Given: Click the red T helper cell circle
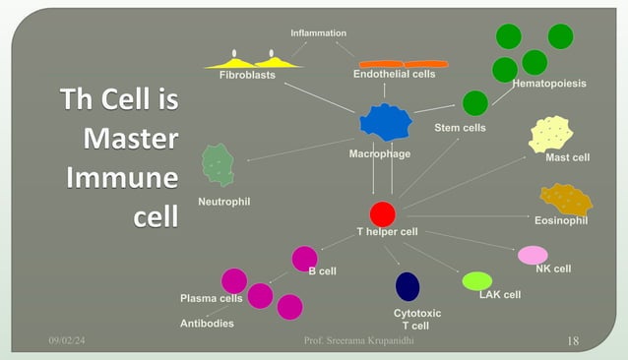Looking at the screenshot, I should tap(382, 214).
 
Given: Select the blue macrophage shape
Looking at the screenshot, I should tap(385, 121).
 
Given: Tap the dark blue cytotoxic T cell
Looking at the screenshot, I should tap(408, 286).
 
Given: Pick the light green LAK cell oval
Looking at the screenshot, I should tap(477, 281).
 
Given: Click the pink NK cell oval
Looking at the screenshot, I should tap(534, 256).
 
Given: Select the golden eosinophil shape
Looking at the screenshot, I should tap(566, 200).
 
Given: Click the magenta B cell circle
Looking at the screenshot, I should tap(305, 259).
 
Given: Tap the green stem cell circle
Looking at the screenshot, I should tap(475, 103).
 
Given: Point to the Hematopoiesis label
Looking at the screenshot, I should tap(549, 85).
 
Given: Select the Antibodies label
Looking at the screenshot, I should tap(207, 324).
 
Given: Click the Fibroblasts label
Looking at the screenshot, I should tap(247, 76).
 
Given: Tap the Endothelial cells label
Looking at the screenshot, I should tap(394, 75).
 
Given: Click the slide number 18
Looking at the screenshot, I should tap(575, 340).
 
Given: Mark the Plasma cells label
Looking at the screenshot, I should tap(211, 298).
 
